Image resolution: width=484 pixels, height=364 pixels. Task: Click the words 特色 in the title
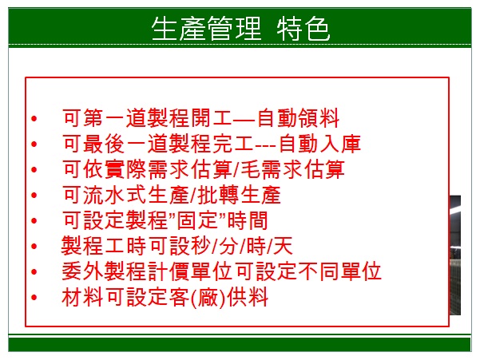pyautogui.click(x=303, y=29)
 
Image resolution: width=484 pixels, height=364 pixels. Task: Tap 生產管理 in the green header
pyautogui.click(x=207, y=29)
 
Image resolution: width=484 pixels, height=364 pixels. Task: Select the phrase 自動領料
pyautogui.click(x=298, y=118)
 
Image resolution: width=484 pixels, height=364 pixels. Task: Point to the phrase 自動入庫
pyautogui.click(x=319, y=144)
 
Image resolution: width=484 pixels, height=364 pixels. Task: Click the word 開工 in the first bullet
pyautogui.click(x=211, y=118)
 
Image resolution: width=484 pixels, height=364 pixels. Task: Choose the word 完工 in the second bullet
pyautogui.click(x=232, y=144)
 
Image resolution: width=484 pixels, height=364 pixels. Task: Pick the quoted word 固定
pyautogui.click(x=197, y=220)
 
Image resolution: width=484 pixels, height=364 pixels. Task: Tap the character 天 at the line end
pyautogui.click(x=282, y=246)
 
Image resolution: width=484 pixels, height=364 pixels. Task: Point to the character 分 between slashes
pyautogui.click(x=228, y=246)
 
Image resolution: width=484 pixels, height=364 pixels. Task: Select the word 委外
pyautogui.click(x=82, y=271)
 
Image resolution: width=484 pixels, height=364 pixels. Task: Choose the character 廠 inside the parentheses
pyautogui.click(x=208, y=298)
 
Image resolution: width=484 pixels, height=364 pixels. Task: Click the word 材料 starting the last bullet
pyautogui.click(x=82, y=298)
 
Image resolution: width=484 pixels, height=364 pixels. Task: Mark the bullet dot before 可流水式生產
pyautogui.click(x=34, y=196)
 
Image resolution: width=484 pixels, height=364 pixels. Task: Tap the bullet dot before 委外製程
pyautogui.click(x=34, y=272)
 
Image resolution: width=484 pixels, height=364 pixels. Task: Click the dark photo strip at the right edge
pyautogui.click(x=455, y=255)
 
